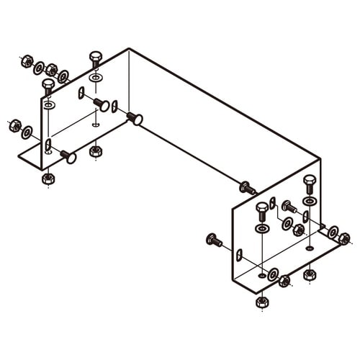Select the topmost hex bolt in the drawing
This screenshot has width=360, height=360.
[96, 58]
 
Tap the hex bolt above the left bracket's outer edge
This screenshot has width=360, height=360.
[48, 86]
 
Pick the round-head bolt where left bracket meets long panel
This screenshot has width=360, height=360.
[135, 118]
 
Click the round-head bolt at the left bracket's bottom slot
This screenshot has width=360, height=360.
[68, 156]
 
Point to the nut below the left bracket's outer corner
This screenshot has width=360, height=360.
[48, 178]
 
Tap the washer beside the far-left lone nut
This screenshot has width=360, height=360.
[27, 132]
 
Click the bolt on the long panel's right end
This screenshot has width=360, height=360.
[247, 188]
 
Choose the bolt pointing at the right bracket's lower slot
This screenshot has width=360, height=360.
[214, 240]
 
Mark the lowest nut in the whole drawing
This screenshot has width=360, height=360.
[262, 301]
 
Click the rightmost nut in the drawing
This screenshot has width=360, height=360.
[344, 238]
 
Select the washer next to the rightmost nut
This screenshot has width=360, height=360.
[333, 232]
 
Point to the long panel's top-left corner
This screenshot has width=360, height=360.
[129, 49]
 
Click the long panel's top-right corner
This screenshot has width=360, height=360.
[320, 160]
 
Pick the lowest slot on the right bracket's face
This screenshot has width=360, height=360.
[239, 255]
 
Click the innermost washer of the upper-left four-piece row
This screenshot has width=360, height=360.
[63, 76]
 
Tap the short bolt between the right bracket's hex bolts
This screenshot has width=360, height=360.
[289, 207]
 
